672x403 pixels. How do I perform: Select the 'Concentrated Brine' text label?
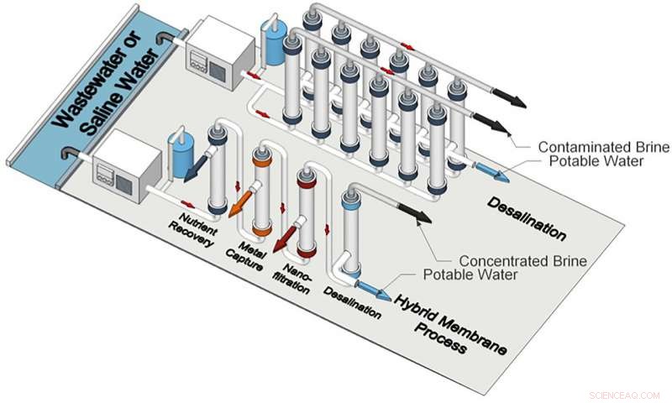(522, 259)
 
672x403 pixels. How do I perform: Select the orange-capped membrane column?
(261, 192)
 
